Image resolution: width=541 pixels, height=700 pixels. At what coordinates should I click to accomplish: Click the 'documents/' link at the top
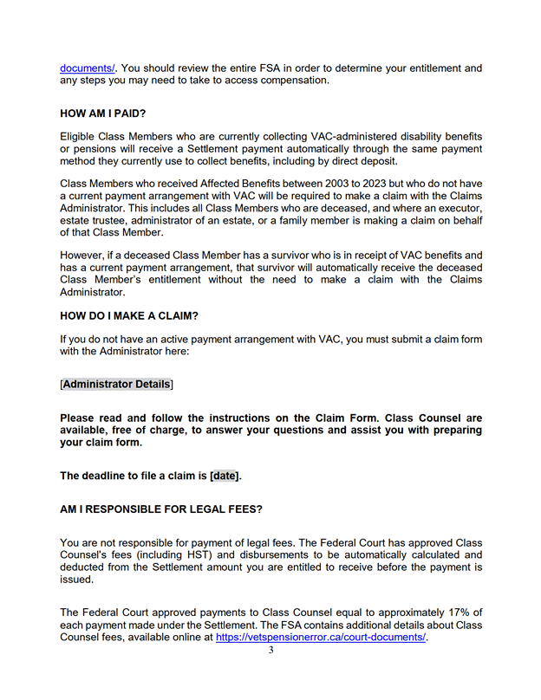point(88,68)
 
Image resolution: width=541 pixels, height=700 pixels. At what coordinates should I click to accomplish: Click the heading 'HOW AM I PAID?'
point(104,113)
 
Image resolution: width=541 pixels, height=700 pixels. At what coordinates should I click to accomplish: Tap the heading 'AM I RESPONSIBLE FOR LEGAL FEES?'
point(160,509)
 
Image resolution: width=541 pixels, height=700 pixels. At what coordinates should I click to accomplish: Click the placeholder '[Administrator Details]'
point(117,384)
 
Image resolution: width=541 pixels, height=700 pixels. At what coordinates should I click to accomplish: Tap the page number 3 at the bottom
point(270,651)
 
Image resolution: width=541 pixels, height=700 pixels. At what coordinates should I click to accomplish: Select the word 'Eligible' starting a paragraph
point(80,137)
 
